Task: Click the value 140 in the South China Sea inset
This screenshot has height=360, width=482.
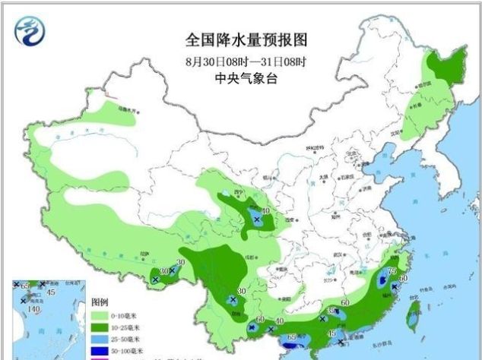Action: tap(33, 309)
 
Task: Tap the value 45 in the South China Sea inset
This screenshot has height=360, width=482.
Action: tap(52, 292)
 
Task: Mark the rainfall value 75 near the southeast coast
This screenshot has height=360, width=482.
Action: tap(392, 271)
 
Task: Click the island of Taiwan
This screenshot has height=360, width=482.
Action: tap(414, 319)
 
